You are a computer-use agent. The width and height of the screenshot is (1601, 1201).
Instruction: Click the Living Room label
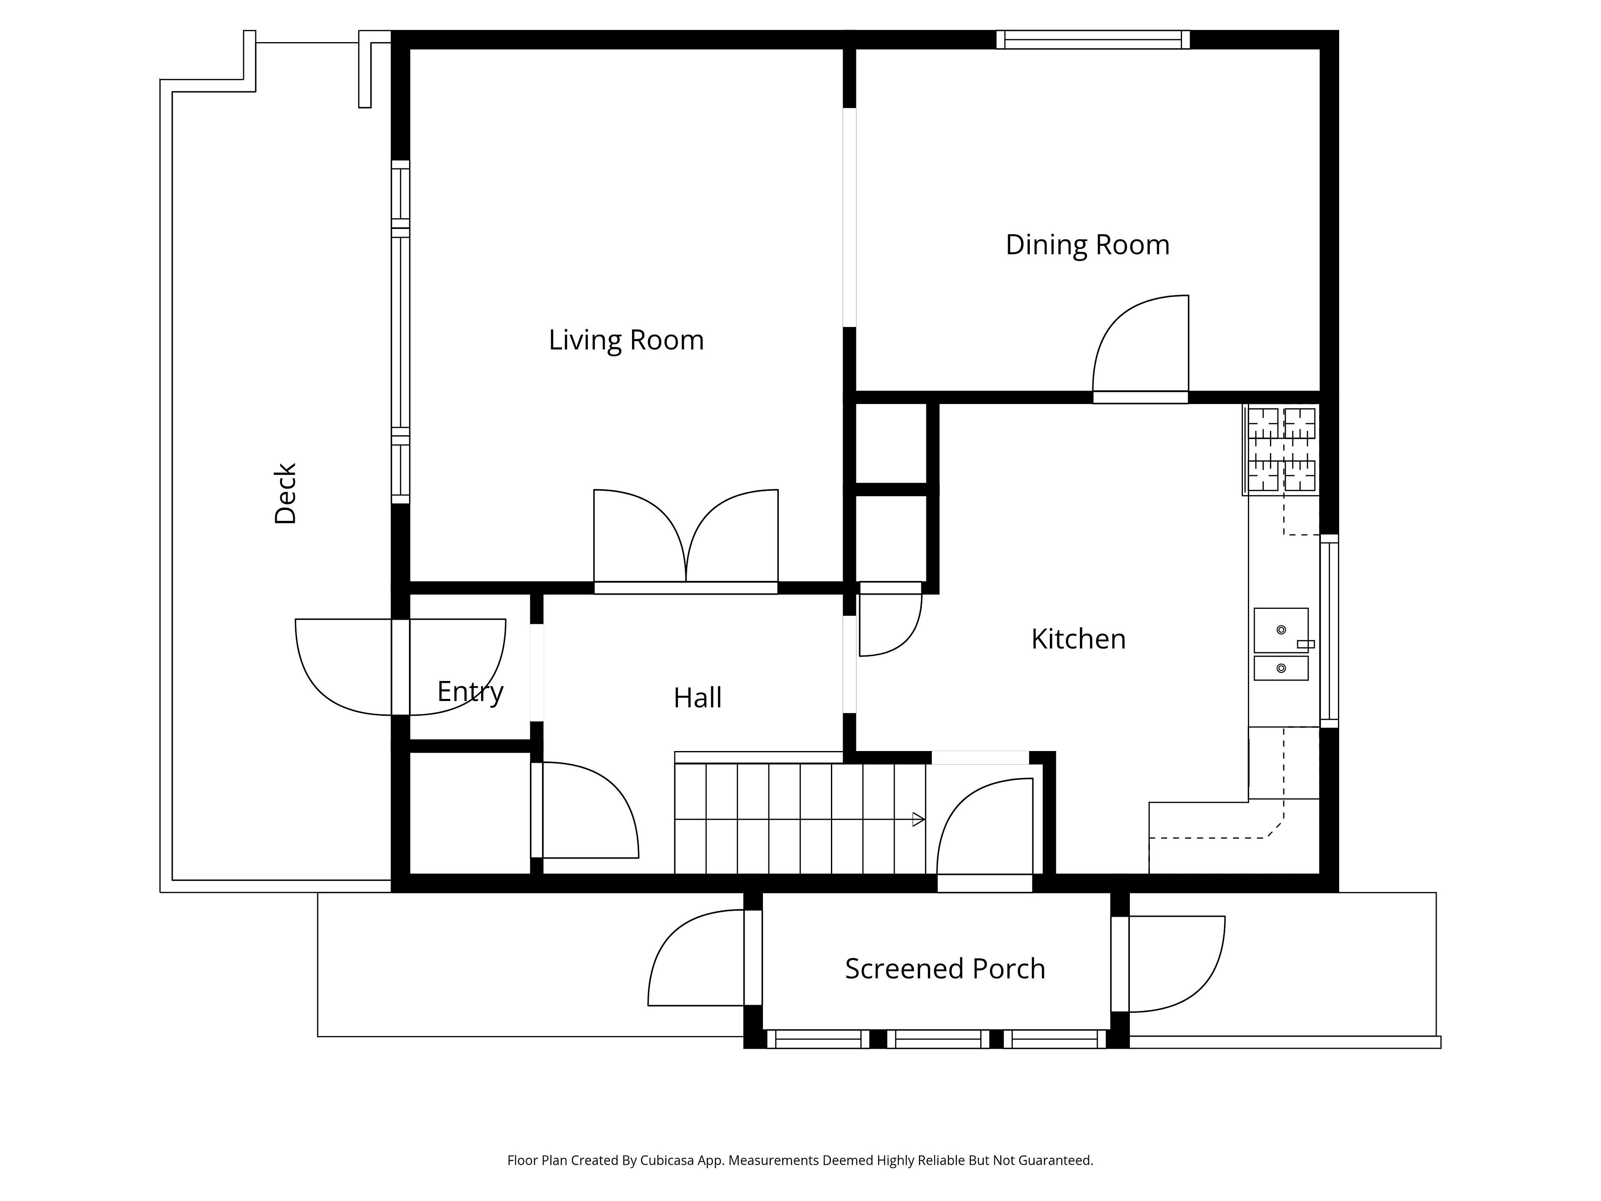point(626,340)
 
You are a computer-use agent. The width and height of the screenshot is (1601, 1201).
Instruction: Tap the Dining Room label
point(1087,245)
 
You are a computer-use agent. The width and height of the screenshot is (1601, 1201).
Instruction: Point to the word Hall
point(698,698)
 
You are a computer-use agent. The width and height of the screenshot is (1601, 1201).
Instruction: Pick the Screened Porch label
point(945,969)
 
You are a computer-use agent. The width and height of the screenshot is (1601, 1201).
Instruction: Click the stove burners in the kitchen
point(1281,450)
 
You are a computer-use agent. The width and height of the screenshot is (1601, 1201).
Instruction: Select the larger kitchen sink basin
point(1281,630)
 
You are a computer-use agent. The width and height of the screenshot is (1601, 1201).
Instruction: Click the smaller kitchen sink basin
point(1281,668)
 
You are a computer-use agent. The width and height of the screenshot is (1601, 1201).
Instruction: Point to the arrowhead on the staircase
point(918,819)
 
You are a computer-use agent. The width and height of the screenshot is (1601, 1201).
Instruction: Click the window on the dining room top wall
point(1093,40)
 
